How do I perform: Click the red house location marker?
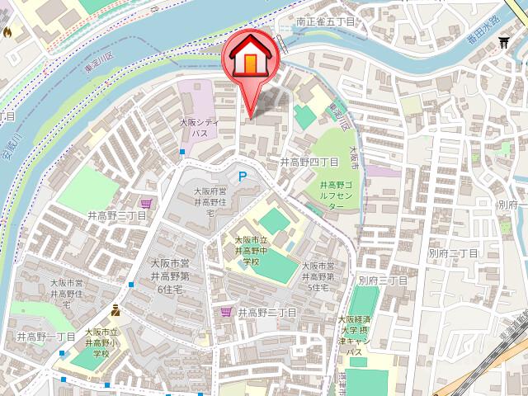tap(252, 59)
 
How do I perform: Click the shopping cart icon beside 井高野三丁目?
tap(146, 203)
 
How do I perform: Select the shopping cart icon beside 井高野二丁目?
tap(226, 312)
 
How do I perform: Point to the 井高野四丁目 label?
tap(309, 162)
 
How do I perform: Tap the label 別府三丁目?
tap(383, 280)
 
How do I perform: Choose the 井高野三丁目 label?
tap(116, 215)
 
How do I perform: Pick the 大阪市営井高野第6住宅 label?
tap(170, 276)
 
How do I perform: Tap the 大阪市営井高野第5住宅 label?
tap(318, 276)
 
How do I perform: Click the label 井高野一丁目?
tap(46, 337)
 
